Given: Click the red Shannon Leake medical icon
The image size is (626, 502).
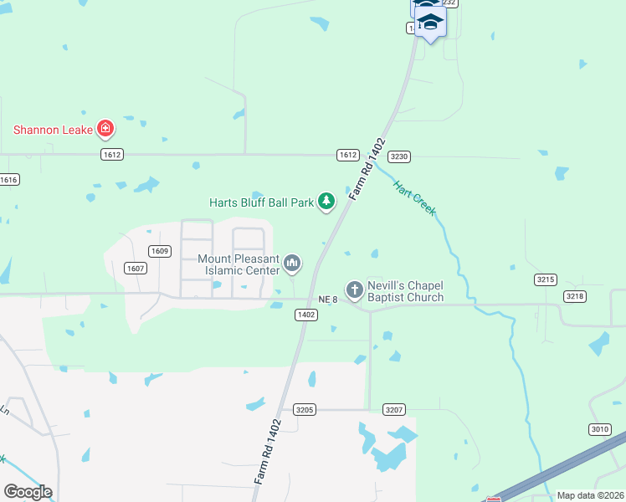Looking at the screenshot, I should pyautogui.click(x=105, y=129).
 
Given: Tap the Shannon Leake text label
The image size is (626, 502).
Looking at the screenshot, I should pyautogui.click(x=52, y=130).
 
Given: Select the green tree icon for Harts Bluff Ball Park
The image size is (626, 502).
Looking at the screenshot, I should pyautogui.click(x=326, y=202).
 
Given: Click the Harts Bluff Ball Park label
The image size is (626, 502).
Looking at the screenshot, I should pyautogui.click(x=260, y=202).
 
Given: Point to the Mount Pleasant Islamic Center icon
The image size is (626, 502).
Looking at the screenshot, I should pyautogui.click(x=292, y=264).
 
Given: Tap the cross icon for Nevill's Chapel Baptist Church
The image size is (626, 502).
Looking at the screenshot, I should pyautogui.click(x=354, y=290).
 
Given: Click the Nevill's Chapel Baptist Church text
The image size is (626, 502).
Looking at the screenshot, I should pyautogui.click(x=405, y=291).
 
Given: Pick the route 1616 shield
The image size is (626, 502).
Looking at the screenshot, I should pyautogui.click(x=9, y=180).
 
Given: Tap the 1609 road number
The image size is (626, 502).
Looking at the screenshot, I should pyautogui.click(x=159, y=251).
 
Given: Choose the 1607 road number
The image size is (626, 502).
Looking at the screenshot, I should pyautogui.click(x=136, y=268).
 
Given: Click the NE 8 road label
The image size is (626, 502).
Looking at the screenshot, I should pyautogui.click(x=328, y=300).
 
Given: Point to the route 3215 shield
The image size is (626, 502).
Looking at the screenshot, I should pyautogui.click(x=546, y=279).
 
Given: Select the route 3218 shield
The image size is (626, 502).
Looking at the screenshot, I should pyautogui.click(x=574, y=295).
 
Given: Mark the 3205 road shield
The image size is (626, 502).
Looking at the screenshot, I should pyautogui.click(x=304, y=409).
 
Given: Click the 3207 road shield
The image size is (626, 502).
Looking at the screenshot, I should pyautogui.click(x=395, y=409).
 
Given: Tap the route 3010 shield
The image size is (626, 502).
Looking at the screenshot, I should pyautogui.click(x=599, y=429).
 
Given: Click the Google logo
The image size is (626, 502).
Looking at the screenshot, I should pyautogui.click(x=28, y=491).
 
